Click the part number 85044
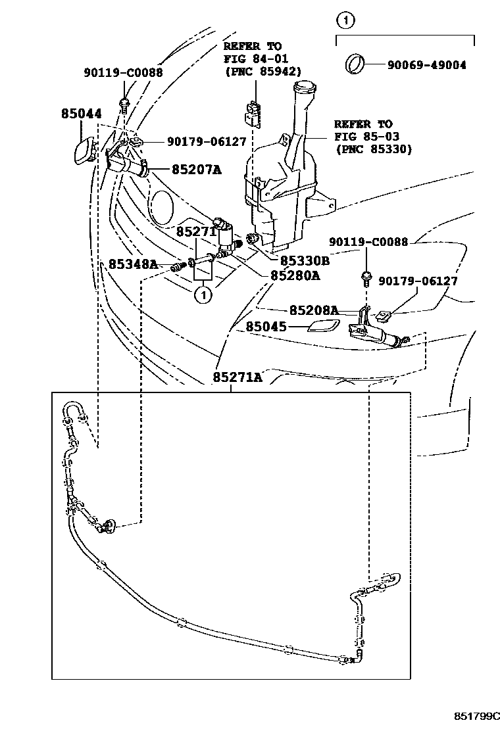point(82,114)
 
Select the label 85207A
point(197,170)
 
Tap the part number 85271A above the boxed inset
point(237,377)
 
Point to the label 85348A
point(133,264)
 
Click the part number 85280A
point(295,275)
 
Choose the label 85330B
point(305,260)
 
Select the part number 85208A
point(314,310)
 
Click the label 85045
point(267,326)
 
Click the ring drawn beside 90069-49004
point(356,64)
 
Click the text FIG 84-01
point(256,59)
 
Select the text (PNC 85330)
point(373,149)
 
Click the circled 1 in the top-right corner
point(345,20)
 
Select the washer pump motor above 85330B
point(226,233)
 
